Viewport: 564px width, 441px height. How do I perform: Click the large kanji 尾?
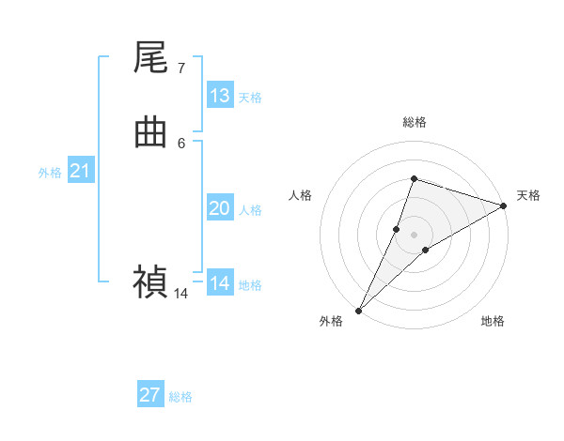151,58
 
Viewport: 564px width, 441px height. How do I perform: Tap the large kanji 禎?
151,281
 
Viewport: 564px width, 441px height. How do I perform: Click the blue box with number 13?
220,96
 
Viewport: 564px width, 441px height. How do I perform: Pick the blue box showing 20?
220,208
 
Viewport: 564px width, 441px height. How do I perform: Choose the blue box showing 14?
220,283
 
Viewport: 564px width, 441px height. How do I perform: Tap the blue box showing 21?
80,171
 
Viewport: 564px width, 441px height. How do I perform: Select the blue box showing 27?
150,395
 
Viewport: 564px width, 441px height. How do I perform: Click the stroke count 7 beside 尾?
181,68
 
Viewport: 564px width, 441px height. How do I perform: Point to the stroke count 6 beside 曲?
181,143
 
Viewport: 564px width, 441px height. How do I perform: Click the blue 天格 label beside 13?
250,98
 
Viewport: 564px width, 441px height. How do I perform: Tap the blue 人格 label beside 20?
250,210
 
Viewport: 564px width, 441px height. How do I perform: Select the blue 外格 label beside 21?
50,173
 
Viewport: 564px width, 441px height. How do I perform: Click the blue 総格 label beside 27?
180,397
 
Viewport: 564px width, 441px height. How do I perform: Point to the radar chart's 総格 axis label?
414,122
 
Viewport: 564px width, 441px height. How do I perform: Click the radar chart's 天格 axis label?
528,195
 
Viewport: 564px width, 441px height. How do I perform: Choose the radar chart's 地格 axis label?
493,321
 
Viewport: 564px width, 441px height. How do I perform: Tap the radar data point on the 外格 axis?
358,310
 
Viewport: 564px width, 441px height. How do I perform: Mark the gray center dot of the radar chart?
414,234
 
